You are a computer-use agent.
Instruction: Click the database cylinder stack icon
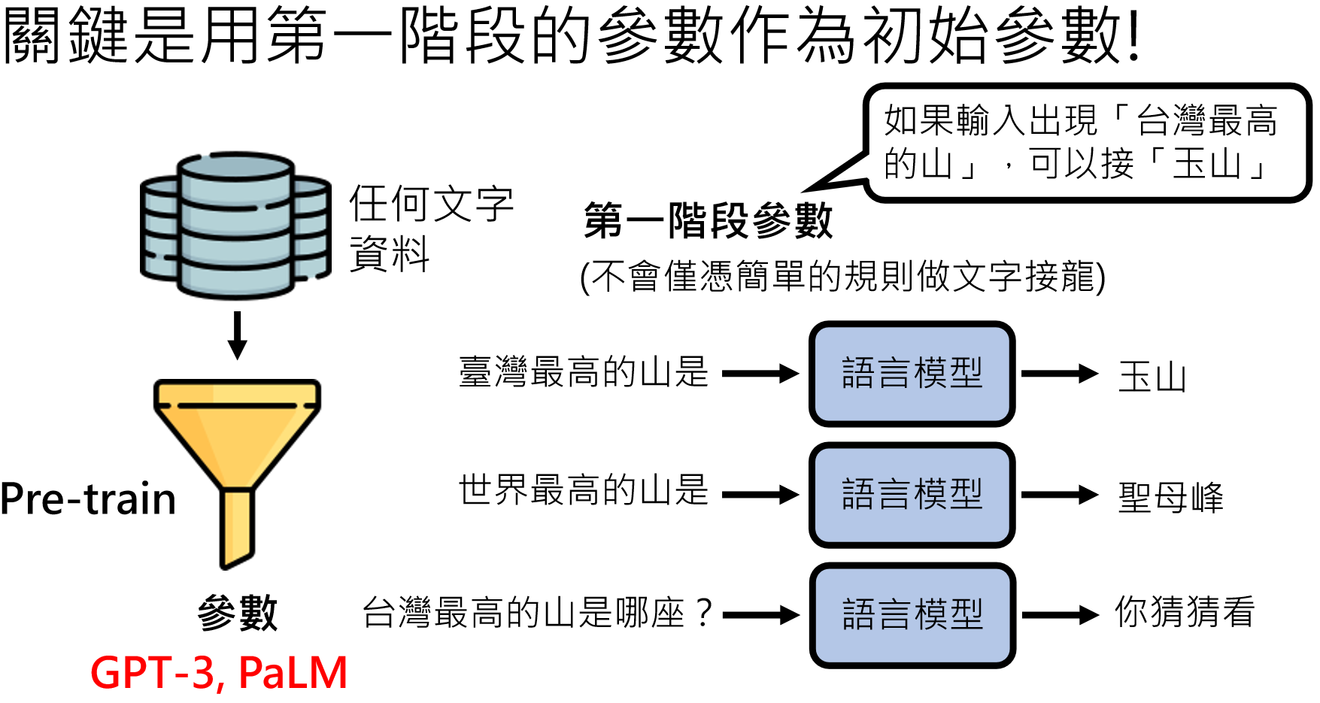[235, 226]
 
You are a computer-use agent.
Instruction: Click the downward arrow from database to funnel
[238, 335]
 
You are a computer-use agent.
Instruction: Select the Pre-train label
[88, 499]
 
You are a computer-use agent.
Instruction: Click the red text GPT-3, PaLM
[219, 672]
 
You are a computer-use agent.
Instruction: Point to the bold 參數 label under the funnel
[238, 612]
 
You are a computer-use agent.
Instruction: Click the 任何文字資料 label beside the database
[430, 227]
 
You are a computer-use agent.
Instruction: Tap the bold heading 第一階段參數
[708, 221]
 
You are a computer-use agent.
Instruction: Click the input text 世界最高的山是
[584, 491]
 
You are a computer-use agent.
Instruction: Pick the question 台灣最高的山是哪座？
[537, 613]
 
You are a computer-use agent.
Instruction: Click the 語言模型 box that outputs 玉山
[912, 374]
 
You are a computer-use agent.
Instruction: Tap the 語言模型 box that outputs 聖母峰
[912, 495]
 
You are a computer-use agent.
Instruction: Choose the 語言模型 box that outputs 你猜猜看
[912, 615]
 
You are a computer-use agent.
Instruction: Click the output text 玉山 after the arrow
[1152, 377]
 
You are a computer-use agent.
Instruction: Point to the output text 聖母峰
[1170, 497]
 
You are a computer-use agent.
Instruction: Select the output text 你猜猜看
[1185, 612]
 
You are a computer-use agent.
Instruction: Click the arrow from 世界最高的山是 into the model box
[760, 495]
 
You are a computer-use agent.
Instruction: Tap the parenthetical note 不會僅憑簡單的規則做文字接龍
[842, 277]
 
